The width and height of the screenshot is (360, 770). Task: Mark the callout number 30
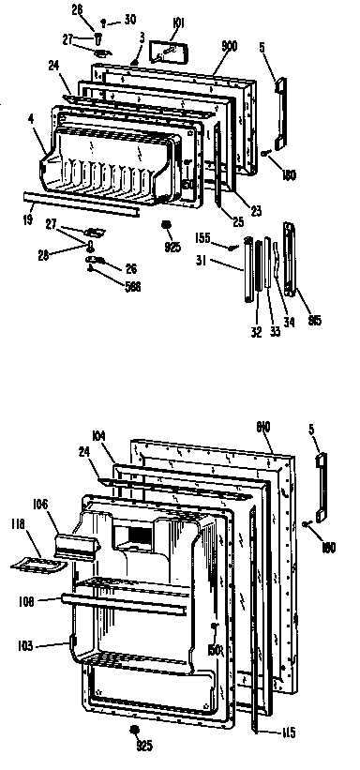[129, 19]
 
